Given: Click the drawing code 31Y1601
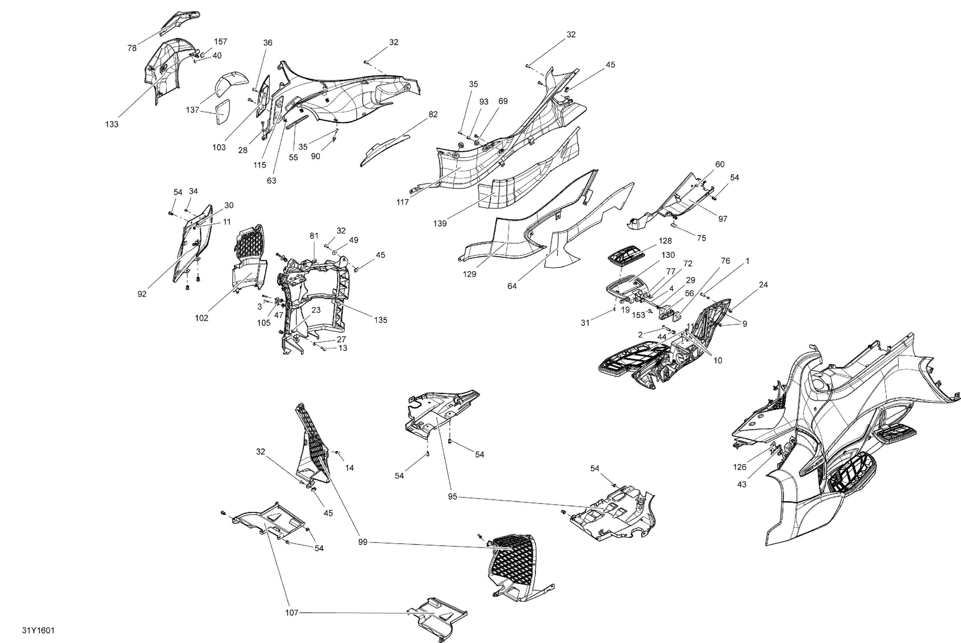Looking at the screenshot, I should pos(38,630).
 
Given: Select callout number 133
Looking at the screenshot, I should pos(111,124).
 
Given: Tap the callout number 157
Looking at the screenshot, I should pos(220,41).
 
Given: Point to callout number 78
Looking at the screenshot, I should pos(132,48).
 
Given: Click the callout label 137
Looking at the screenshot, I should pos(193,110).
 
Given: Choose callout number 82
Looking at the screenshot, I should pos(433,114).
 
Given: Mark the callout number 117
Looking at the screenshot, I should pos(402,202).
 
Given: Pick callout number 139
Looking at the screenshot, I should pos(440,224).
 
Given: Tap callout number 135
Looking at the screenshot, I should pos(380,320).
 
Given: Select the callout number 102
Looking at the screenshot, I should pos(201,318).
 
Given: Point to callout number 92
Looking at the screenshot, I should pos(142,294).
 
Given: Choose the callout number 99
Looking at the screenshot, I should pos(363,542).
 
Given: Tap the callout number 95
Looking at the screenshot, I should pos(452,497).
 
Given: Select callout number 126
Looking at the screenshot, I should pos(740,467).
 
